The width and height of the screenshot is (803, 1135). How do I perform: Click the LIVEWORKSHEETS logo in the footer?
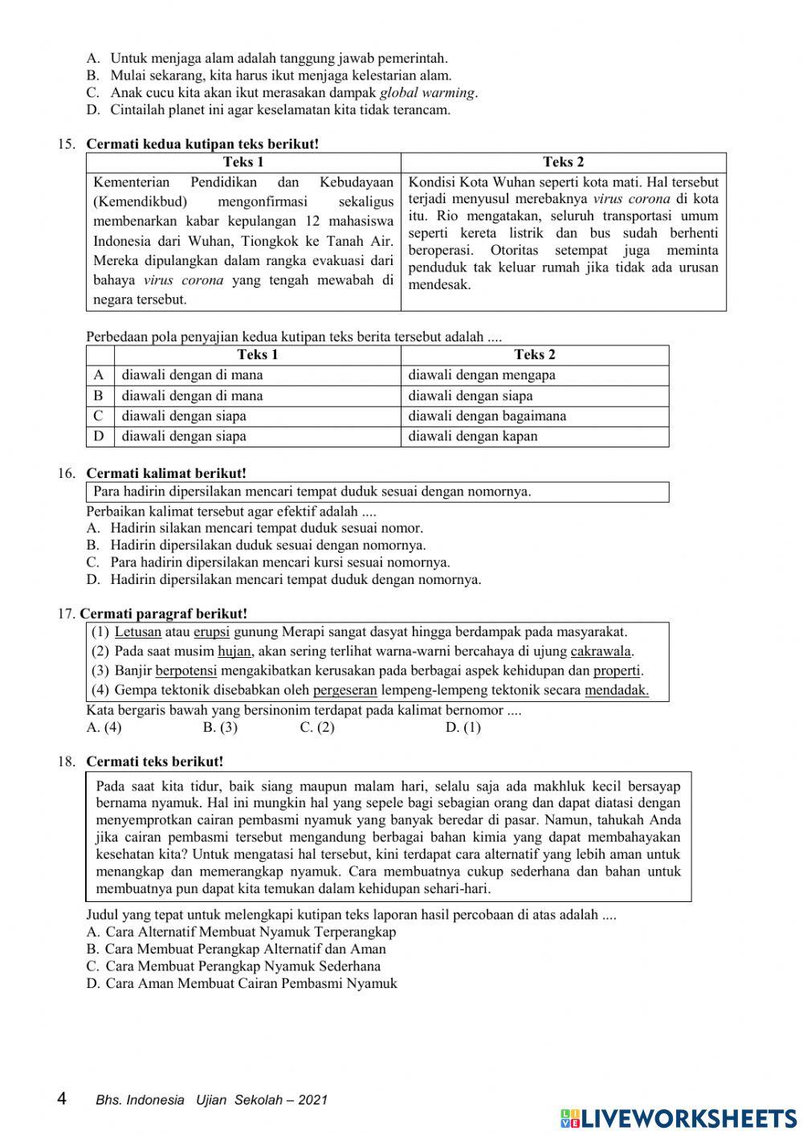(679, 1117)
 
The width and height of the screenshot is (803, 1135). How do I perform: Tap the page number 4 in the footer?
(63, 1099)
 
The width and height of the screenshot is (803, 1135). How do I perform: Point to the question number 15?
(66, 145)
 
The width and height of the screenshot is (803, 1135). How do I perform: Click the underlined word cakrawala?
(601, 651)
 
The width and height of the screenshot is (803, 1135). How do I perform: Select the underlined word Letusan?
(137, 632)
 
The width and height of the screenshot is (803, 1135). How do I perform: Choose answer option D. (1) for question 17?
(463, 728)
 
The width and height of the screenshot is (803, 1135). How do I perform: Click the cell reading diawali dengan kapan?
(473, 436)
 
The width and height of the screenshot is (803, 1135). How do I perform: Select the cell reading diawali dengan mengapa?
(482, 375)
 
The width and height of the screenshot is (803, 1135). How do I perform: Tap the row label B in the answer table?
(99, 396)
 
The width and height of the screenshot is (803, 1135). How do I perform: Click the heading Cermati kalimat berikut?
(166, 474)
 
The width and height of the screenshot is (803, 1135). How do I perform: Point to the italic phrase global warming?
(426, 92)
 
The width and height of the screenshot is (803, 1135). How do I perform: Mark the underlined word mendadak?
(616, 690)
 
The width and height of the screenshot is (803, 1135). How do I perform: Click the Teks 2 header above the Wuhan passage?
(563, 162)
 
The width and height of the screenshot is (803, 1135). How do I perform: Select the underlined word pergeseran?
(344, 690)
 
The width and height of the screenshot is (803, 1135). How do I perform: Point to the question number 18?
(66, 761)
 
